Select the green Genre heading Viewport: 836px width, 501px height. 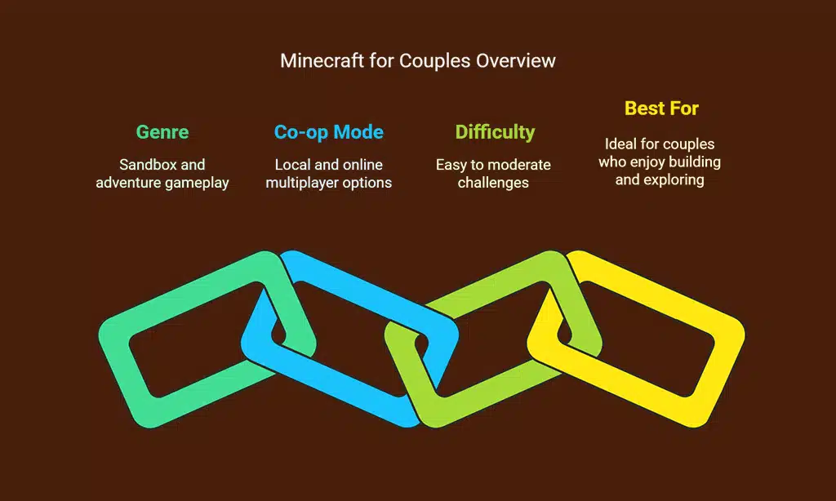coord(162,132)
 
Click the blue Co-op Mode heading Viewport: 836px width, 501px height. coord(328,132)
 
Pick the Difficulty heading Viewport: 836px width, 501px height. coord(495,132)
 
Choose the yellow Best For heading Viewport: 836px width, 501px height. coord(661,108)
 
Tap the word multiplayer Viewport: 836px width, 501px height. coord(303,183)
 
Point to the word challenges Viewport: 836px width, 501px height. coord(493,183)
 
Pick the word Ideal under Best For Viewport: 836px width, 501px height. coord(621,144)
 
